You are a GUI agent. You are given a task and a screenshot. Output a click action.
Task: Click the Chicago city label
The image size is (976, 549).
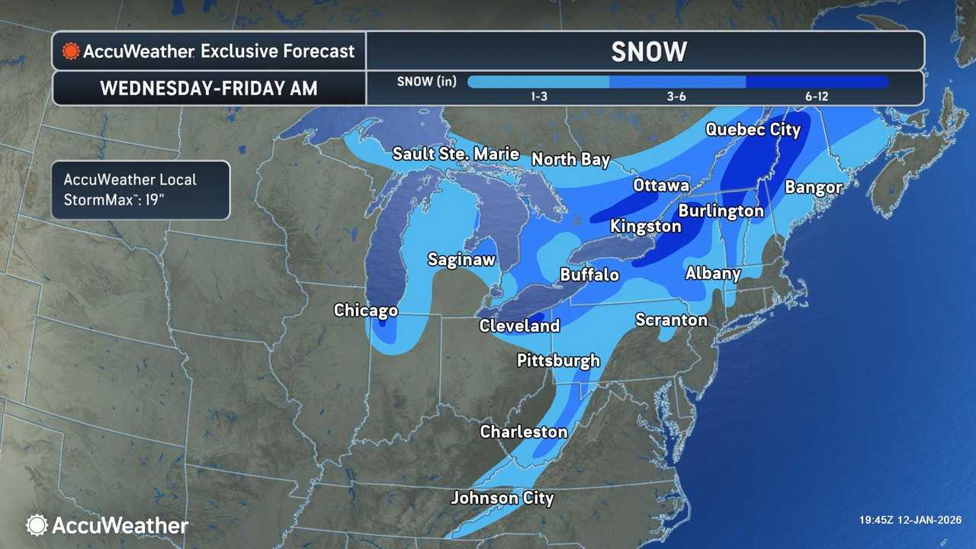366,310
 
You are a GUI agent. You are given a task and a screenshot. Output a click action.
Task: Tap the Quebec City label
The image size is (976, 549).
753,129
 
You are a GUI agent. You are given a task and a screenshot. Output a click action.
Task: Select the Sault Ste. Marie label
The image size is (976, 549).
455,153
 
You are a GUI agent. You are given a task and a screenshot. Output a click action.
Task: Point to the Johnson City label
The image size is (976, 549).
502,498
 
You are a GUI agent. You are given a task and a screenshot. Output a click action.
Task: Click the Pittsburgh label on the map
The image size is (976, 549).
558,360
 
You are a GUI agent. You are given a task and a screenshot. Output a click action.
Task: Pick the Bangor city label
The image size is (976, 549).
814,187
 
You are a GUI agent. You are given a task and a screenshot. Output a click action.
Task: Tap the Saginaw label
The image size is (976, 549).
461,259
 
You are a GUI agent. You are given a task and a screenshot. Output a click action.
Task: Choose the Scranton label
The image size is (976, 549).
671,319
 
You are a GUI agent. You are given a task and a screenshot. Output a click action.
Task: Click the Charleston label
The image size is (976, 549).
523,432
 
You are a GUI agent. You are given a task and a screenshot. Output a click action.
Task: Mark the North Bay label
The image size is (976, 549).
570,159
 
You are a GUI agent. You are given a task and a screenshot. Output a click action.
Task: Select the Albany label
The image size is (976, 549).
713,273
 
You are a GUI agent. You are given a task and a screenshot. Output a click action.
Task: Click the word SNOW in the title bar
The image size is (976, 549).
649,51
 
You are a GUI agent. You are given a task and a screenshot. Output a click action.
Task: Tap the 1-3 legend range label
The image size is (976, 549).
538,97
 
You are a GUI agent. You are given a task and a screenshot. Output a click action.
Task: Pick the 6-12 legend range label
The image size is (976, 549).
816,97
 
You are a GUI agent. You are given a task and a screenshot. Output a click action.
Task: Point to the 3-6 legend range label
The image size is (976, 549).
676,97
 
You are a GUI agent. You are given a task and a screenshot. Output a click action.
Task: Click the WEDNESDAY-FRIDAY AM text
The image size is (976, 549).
209,88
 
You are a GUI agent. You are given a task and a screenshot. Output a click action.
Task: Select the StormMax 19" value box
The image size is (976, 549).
140,190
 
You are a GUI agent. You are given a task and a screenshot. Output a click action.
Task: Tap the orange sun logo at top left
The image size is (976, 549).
71,51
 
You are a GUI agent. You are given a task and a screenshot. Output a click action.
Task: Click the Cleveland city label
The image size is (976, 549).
519,326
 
